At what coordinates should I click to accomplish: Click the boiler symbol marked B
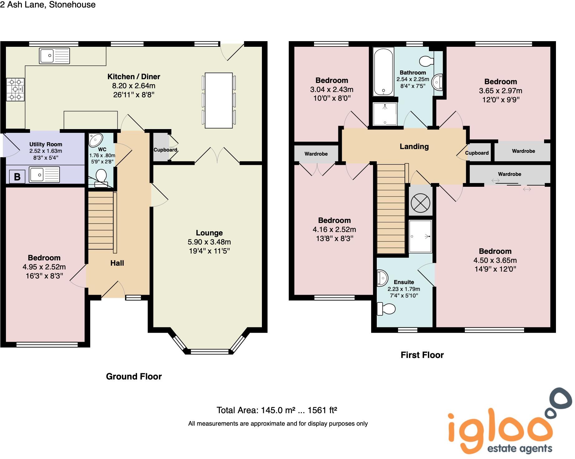(17, 177)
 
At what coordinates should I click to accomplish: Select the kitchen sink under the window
(54, 56)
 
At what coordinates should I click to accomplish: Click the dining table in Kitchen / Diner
(219, 100)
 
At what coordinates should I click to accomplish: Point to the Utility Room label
(46, 144)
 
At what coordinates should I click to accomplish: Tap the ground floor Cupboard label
(165, 150)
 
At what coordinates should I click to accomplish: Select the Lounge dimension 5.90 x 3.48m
(209, 242)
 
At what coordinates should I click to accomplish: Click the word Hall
(117, 263)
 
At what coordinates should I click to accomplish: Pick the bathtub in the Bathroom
(383, 72)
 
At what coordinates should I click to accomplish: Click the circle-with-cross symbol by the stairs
(420, 203)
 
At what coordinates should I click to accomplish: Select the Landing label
(414, 147)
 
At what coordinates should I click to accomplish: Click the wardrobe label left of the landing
(316, 154)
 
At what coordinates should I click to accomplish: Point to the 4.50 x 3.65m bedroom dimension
(495, 260)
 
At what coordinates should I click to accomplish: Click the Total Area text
(277, 410)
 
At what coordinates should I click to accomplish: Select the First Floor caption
(422, 355)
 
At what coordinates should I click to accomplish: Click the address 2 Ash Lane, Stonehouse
(48, 5)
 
